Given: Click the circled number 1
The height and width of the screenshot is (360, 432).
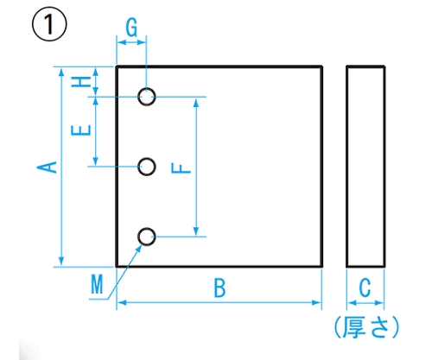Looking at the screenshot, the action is (49, 25).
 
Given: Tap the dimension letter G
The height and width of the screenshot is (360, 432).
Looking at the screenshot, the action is (131, 28).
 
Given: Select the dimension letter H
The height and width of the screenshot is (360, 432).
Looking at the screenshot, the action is (81, 82).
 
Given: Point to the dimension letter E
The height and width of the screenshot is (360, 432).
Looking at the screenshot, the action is (81, 130).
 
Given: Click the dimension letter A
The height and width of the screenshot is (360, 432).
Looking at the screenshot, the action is (47, 167).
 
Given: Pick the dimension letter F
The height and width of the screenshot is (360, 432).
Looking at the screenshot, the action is (181, 168).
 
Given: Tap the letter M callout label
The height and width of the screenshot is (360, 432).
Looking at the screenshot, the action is (97, 284).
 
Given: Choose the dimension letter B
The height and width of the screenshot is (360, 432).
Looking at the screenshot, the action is (219, 287).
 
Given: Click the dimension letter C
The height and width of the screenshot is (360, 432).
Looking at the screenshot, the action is (365, 287).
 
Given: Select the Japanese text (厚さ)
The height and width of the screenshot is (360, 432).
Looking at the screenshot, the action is (366, 327).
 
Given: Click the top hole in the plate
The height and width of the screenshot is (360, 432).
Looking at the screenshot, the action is (147, 97).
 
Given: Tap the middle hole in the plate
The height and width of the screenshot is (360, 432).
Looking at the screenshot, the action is (147, 167).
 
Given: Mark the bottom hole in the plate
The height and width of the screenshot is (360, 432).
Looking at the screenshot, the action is (147, 237).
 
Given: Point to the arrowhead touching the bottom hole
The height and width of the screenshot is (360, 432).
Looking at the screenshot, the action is (139, 249).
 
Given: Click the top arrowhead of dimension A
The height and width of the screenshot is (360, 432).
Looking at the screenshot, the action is (61, 72).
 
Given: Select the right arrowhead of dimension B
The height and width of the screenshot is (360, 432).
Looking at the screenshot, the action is (316, 303).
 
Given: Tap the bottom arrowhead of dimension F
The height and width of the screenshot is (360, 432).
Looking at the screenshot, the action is (196, 231).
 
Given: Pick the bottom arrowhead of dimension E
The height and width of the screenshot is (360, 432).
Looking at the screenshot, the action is (96, 161).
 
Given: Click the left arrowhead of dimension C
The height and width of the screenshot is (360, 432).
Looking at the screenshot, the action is (353, 303).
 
